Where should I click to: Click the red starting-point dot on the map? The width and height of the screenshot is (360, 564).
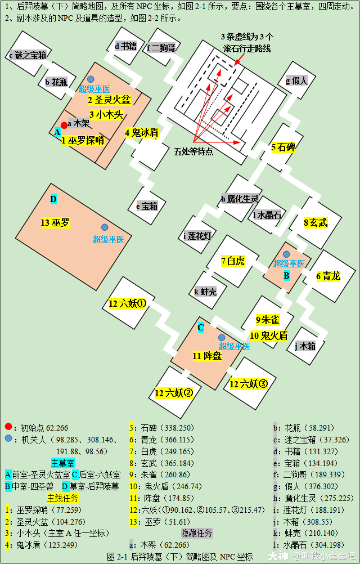64,125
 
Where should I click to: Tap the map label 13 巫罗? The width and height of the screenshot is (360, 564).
55,223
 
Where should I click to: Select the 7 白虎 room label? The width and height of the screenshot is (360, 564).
233,261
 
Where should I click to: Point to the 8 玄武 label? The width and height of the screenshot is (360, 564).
316,223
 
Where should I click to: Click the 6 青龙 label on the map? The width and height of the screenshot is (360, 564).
328,276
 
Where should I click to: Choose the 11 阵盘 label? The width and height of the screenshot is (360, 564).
207,356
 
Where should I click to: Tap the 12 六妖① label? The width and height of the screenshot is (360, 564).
127,305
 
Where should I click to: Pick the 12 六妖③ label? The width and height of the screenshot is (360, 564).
249,384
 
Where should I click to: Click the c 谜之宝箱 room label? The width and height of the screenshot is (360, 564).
28,55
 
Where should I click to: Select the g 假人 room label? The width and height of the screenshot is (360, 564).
296,81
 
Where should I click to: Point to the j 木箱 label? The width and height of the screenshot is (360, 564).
305,346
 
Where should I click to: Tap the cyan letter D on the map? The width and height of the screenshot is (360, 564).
53,199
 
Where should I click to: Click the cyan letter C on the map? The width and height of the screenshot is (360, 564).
201,328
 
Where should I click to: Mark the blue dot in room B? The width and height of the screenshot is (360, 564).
286,254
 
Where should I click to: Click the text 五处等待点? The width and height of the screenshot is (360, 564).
193,152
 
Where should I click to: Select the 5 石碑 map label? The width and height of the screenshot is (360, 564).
283,147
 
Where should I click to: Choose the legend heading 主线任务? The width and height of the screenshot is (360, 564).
63,498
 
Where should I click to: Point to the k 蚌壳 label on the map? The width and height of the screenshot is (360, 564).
205,292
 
